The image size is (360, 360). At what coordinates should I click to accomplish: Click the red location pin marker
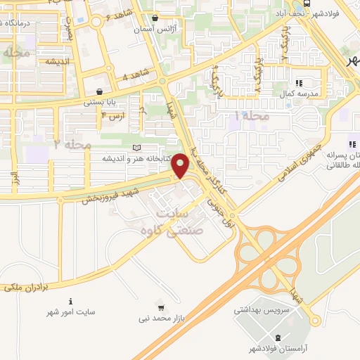pyautogui.click(x=181, y=165)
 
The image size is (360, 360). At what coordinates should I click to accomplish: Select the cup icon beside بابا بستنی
pyautogui.click(x=100, y=91)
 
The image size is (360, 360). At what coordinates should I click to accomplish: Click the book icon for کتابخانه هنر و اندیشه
pyautogui.click(x=136, y=148)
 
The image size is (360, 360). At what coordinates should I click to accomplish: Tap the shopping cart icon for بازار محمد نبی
pyautogui.click(x=161, y=308)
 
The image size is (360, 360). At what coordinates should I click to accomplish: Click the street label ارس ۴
pyautogui.click(x=112, y=115)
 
